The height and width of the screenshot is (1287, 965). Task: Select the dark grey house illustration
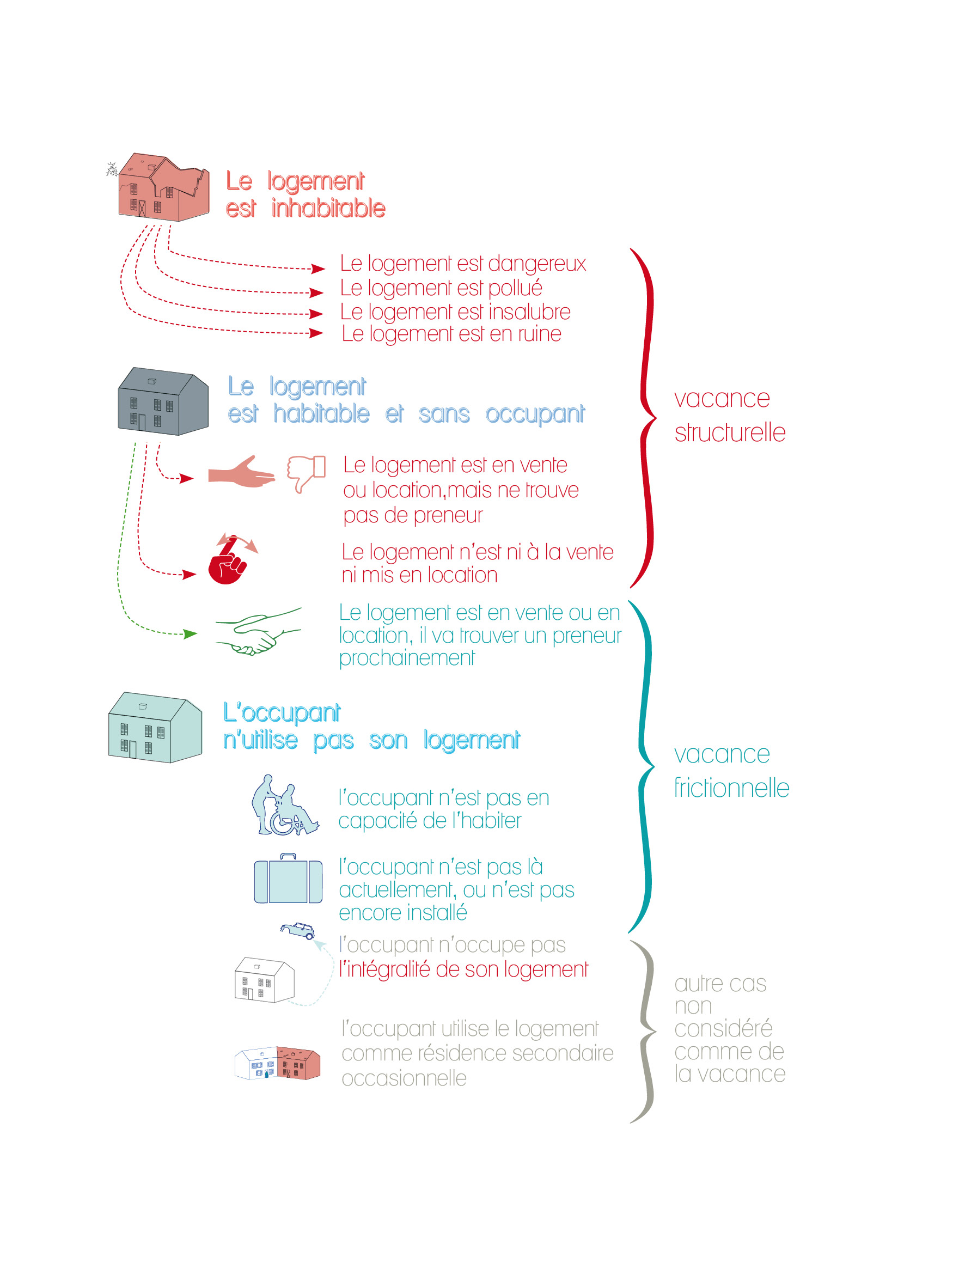click(163, 401)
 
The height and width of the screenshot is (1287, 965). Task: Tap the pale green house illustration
click(155, 727)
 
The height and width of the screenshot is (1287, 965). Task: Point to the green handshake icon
click(258, 631)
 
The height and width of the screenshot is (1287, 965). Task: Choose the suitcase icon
click(288, 878)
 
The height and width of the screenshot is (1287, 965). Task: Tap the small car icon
click(297, 930)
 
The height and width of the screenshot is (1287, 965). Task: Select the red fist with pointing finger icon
click(231, 559)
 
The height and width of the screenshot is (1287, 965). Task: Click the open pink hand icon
click(241, 472)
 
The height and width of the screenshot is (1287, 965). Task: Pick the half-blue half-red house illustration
click(277, 1063)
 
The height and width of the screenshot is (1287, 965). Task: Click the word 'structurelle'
click(730, 432)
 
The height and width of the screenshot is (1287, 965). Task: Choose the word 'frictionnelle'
click(731, 788)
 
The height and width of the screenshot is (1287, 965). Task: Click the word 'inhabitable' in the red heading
click(328, 208)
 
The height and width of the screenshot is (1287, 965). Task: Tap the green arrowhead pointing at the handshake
click(190, 633)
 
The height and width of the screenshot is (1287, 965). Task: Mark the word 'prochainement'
click(407, 658)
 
